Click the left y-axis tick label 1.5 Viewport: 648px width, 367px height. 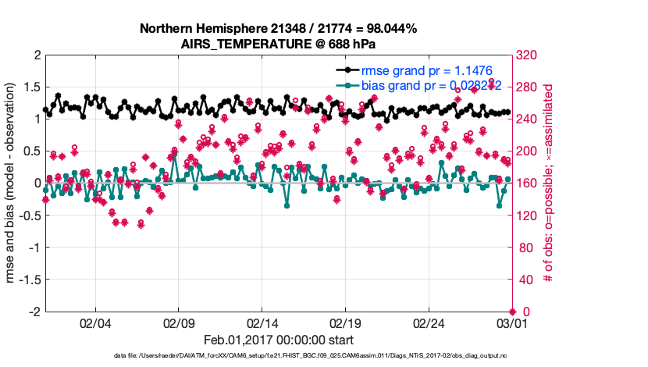point(31,87)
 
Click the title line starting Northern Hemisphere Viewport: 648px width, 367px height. point(278,29)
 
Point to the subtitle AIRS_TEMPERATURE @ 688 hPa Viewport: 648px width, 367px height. point(278,44)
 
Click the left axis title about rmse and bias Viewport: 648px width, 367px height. point(12,183)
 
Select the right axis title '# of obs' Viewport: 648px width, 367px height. point(549,183)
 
